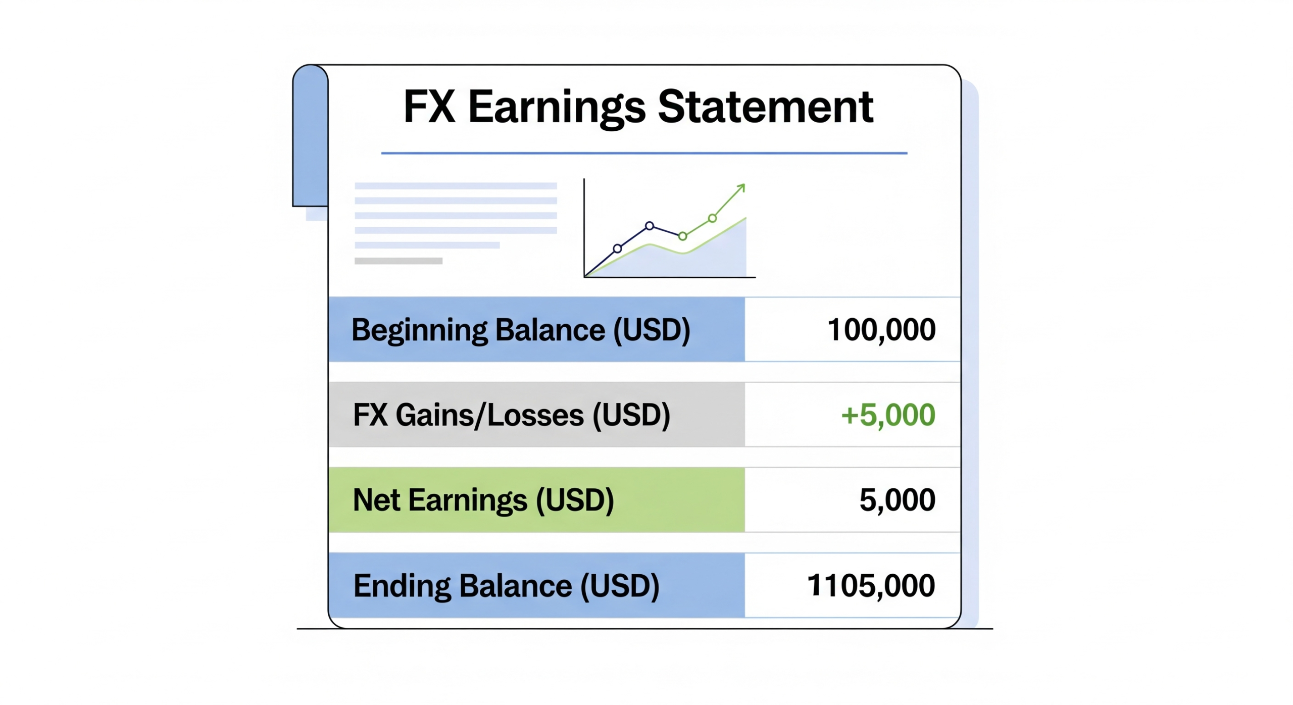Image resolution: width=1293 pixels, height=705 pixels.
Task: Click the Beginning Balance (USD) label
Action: [521, 331]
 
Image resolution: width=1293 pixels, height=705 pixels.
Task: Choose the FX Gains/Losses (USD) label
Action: [512, 416]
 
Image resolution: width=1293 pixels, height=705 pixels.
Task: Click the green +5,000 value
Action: [888, 415]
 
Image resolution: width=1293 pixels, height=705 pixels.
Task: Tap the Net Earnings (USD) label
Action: [483, 501]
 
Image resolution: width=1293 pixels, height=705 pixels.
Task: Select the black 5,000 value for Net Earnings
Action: [897, 500]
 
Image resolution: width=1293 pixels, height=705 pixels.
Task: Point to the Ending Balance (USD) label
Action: [507, 586]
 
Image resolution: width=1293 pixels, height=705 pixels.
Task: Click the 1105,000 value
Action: [871, 586]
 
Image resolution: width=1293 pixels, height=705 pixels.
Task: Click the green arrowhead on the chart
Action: [740, 188]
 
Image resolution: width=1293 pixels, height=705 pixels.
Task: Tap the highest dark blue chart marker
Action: [650, 226]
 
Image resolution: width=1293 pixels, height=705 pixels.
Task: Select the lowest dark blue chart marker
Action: [617, 248]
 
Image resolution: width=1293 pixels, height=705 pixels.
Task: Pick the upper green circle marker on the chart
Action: [712, 219]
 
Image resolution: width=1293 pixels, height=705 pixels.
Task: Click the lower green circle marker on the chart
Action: [682, 236]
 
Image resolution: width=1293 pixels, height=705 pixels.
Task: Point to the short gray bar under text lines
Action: [399, 261]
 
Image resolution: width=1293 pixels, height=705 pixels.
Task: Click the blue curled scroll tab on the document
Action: [310, 135]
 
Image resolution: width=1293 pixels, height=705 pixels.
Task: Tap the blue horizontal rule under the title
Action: [644, 153]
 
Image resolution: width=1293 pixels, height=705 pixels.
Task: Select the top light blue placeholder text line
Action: [456, 186]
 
